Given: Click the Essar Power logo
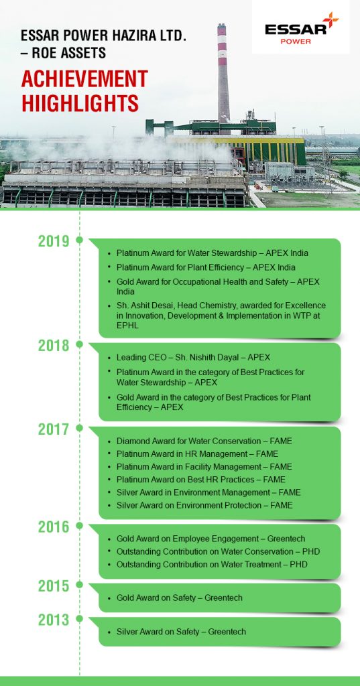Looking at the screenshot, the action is (x=301, y=28).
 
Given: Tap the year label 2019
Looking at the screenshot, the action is (x=54, y=241).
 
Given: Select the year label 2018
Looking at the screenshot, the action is (x=54, y=346).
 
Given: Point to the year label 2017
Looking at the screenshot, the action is (x=54, y=429).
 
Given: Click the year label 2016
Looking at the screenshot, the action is (x=54, y=527).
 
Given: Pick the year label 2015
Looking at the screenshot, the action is (x=54, y=586).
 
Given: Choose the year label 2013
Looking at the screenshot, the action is (x=54, y=620).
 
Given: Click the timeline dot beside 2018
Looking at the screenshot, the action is (x=79, y=344).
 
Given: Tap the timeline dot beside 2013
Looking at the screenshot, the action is (x=79, y=618).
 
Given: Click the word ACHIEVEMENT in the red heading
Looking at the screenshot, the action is (x=84, y=79).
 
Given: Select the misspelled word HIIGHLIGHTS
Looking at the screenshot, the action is (x=80, y=103).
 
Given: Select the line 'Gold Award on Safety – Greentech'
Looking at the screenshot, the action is (x=179, y=598).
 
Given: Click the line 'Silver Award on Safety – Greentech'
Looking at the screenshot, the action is (x=181, y=632).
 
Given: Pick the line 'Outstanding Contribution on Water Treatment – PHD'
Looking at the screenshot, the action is (x=212, y=564).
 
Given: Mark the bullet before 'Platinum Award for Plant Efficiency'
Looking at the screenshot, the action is (x=109, y=268).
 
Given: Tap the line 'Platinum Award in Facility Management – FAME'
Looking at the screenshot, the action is (x=204, y=467).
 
